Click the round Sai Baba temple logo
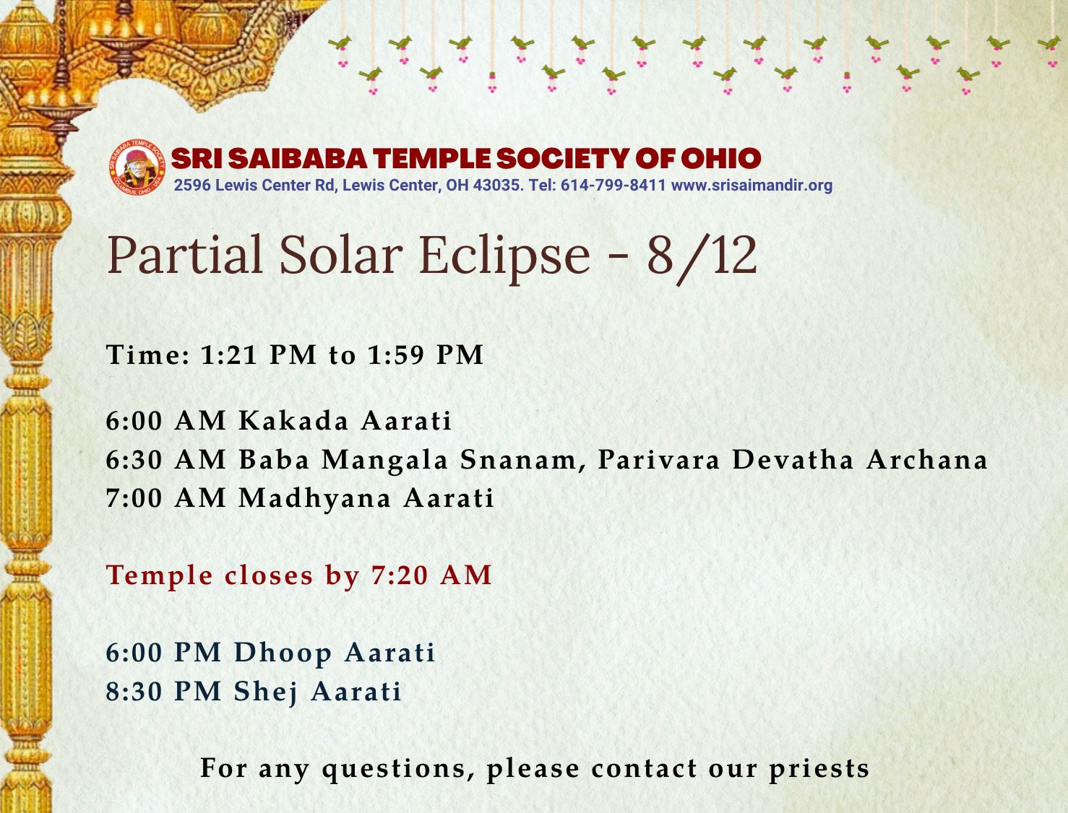click(x=137, y=168)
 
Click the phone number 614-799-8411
click(x=613, y=185)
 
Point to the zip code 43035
click(x=499, y=185)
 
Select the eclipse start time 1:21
click(x=228, y=355)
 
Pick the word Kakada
click(x=293, y=420)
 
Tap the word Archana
click(x=926, y=460)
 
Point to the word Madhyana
click(x=315, y=499)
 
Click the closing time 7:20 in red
click(x=400, y=575)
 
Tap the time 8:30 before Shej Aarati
click(x=134, y=692)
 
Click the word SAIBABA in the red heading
click(x=297, y=158)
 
